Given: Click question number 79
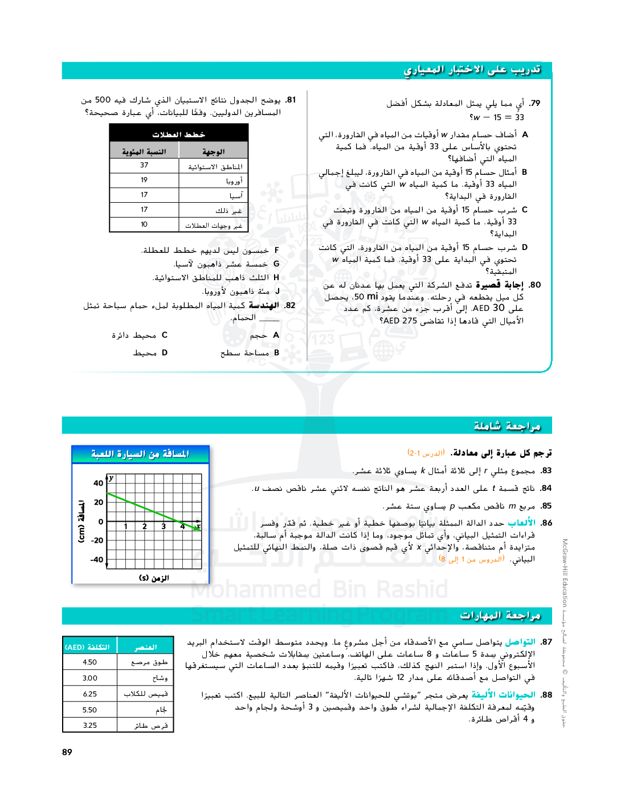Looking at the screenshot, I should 534,104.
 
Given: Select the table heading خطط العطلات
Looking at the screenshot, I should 178,134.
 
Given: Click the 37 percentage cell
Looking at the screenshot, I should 144,166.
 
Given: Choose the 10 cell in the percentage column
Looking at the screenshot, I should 144,225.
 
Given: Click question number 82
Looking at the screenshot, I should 290,306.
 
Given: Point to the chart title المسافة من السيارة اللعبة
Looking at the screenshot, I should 140,454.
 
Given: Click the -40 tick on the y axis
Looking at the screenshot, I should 97,560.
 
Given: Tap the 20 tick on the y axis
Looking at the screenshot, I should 99,502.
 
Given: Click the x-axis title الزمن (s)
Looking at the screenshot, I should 154,578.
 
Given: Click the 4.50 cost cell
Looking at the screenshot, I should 90,662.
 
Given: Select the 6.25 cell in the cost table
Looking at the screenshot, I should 90,694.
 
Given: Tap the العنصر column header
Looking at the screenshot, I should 145,647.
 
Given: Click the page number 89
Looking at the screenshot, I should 67,752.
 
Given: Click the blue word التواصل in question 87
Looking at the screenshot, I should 520,642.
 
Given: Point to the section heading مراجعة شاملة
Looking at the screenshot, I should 507,427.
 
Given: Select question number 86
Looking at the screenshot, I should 546,523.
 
